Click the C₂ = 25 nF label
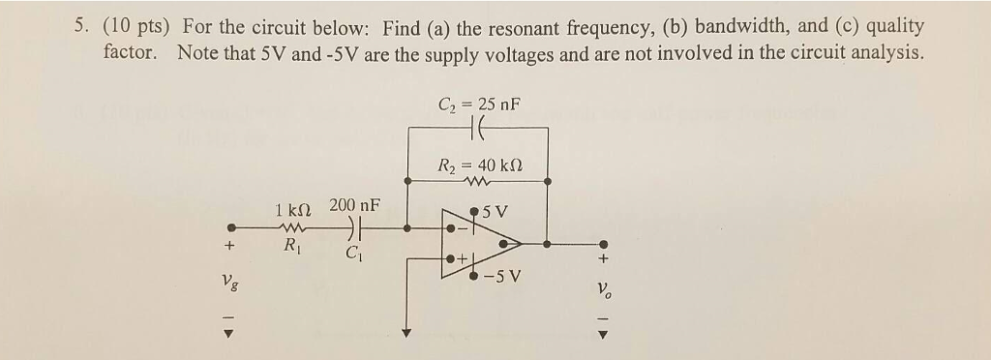tap(479, 105)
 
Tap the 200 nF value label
tap(354, 206)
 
